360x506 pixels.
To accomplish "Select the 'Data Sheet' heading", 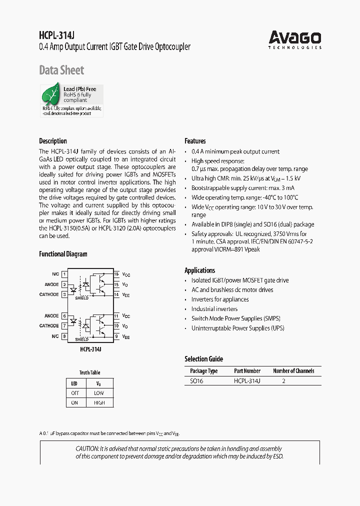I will click(61, 70).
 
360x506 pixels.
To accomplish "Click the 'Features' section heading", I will click(195, 141).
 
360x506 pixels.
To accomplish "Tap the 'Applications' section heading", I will click(199, 270).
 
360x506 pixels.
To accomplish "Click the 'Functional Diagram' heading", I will click(63, 254).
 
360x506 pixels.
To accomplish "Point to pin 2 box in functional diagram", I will click(64, 284).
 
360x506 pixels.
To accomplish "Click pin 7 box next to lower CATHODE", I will click(64, 326).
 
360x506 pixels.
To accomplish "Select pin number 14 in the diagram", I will click(116, 294).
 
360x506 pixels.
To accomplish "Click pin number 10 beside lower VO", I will click(116, 326).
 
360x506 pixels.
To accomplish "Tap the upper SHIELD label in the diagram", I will click(81, 298).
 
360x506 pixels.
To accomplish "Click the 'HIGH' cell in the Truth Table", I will click(99, 402).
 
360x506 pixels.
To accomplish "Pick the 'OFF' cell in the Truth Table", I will click(74, 393).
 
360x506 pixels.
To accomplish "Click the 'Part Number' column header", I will click(247, 371).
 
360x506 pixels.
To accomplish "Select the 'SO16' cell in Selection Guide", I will click(196, 381).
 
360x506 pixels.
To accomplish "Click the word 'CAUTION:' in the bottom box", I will click(87, 449).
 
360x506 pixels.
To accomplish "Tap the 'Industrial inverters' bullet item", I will click(214, 309).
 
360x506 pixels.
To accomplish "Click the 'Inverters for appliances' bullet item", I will click(220, 299).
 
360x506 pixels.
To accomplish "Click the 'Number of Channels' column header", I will click(293, 371).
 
